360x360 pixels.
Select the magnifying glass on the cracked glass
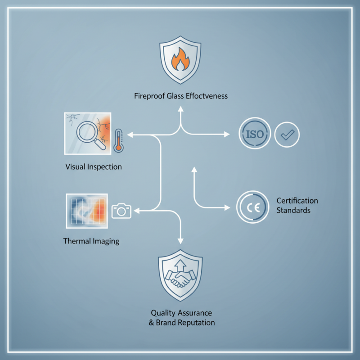pyautogui.click(x=89, y=133)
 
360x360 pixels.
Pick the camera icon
pyautogui.click(x=121, y=211)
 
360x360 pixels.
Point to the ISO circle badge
pyautogui.click(x=255, y=134)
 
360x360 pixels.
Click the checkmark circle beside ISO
pyautogui.click(x=287, y=134)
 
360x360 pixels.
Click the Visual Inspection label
pyautogui.click(x=94, y=167)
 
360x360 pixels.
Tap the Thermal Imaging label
pyautogui.click(x=91, y=241)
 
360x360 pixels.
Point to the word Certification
pyautogui.click(x=297, y=201)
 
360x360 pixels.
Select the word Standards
pyautogui.click(x=293, y=210)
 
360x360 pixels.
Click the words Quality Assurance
pyautogui.click(x=181, y=313)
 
